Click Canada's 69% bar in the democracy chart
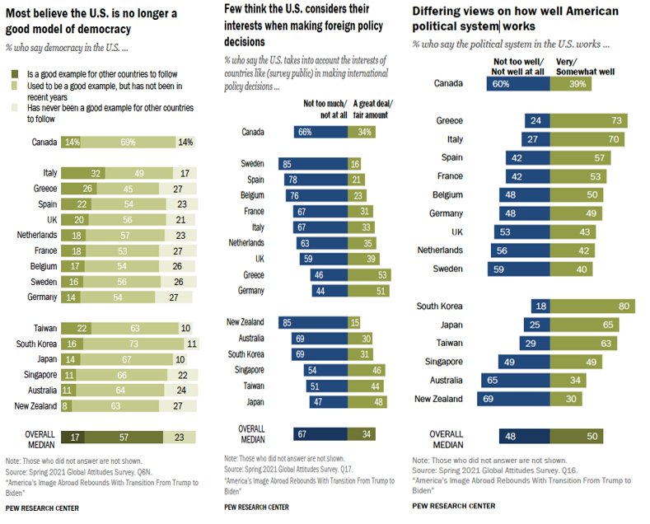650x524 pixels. click(x=128, y=142)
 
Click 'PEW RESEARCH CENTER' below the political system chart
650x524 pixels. click(x=454, y=505)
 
